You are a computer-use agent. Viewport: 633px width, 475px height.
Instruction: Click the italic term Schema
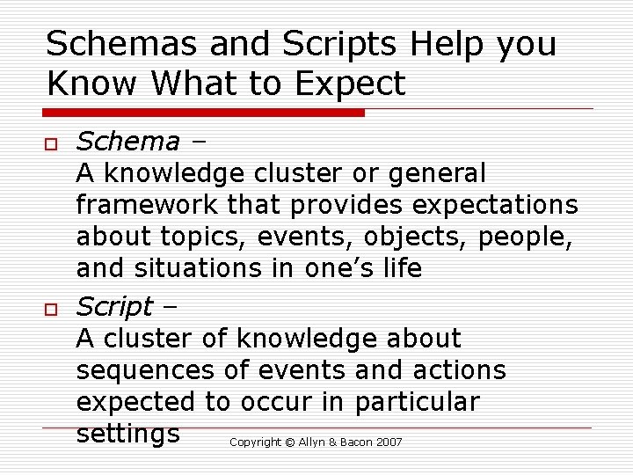127,141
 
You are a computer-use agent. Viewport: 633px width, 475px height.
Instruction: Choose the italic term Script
114,306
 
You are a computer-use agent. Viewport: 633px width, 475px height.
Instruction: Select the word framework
148,205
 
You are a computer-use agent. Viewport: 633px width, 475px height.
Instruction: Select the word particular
417,402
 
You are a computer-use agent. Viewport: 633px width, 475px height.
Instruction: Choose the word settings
128,434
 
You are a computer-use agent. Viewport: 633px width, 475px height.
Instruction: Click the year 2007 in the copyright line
389,442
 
